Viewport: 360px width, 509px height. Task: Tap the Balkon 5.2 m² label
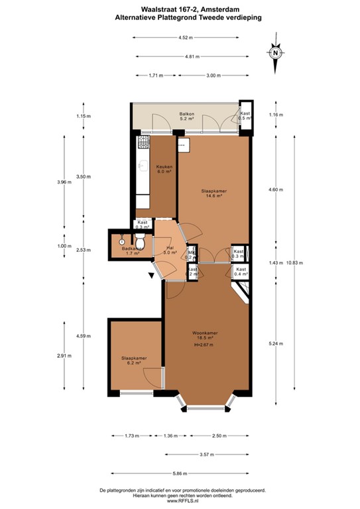(186, 117)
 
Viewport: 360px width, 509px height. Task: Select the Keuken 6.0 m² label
(164, 168)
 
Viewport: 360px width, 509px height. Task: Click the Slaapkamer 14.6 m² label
(211, 193)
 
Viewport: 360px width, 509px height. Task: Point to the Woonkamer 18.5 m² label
(206, 335)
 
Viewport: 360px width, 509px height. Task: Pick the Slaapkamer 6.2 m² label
(134, 360)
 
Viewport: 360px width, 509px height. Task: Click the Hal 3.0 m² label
(169, 250)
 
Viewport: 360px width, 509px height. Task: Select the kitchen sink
(141, 167)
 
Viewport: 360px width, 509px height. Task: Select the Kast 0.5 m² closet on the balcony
(245, 116)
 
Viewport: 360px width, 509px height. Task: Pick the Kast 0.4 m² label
(241, 271)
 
